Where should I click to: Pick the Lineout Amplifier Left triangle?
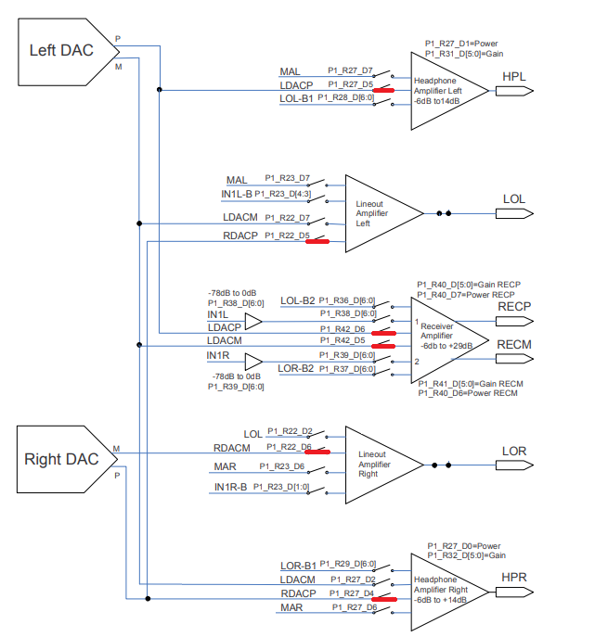click(x=376, y=212)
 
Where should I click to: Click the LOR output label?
click(x=514, y=451)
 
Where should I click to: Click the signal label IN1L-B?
click(x=237, y=194)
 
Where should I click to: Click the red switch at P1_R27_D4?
click(x=382, y=599)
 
